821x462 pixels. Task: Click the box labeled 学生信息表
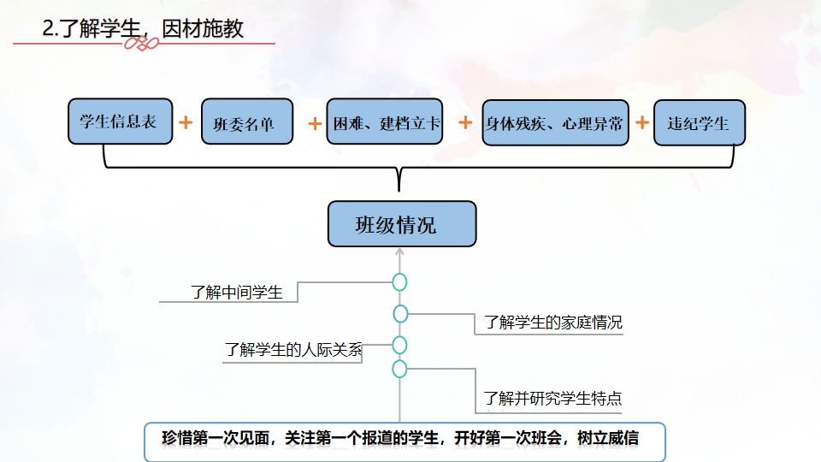[x=119, y=121]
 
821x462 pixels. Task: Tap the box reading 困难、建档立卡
[x=385, y=122]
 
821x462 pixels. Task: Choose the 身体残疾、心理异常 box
[x=555, y=122]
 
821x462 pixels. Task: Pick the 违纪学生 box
[x=700, y=122]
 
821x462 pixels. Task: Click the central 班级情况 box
[x=401, y=224]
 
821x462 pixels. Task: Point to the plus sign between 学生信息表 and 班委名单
[x=186, y=122]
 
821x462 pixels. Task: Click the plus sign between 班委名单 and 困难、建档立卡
[x=315, y=123]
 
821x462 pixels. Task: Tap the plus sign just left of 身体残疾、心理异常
[x=465, y=122]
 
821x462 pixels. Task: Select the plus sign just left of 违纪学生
[x=642, y=121]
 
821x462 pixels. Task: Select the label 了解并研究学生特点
[x=552, y=398]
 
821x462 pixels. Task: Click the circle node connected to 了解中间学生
[x=399, y=282]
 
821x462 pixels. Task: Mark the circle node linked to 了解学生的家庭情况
[x=400, y=314]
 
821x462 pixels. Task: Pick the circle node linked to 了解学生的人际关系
[x=399, y=345]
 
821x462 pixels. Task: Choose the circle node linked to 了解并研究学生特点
[x=399, y=369]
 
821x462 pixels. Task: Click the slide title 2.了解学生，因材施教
[x=144, y=29]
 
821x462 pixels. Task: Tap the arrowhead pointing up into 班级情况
[x=399, y=252]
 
